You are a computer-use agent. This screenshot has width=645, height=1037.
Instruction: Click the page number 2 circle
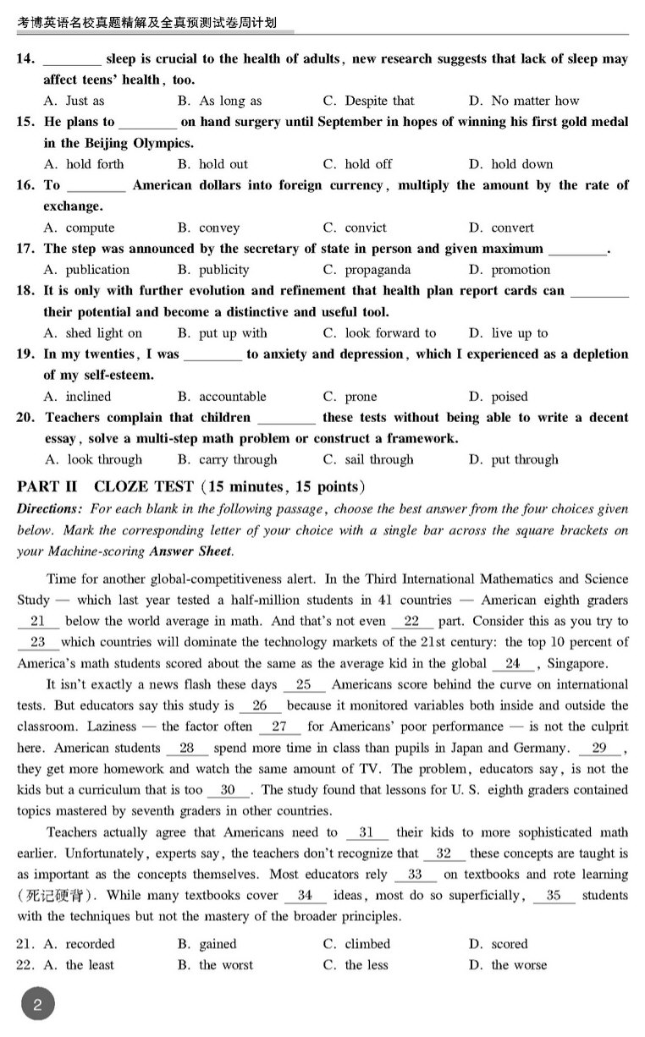pyautogui.click(x=37, y=1006)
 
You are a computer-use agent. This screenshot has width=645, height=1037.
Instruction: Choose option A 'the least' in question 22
pyautogui.click(x=90, y=965)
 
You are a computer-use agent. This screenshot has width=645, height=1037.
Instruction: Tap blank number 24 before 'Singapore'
pyautogui.click(x=512, y=664)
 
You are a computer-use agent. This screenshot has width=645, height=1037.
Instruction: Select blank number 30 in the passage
pyautogui.click(x=228, y=790)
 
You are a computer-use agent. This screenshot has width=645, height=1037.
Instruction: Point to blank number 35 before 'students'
pyautogui.click(x=554, y=896)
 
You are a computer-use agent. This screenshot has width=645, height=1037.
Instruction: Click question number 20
pyautogui.click(x=25, y=418)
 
